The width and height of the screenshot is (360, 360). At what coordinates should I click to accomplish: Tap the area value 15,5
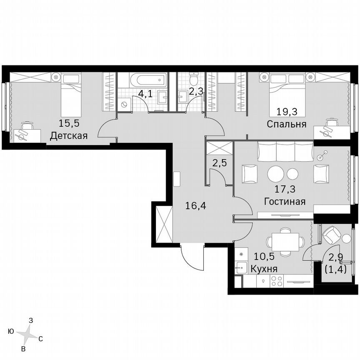[69, 123]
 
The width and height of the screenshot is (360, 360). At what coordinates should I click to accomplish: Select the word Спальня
[287, 124]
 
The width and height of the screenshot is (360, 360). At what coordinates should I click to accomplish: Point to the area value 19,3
[287, 111]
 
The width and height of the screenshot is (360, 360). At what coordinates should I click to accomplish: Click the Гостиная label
[285, 201]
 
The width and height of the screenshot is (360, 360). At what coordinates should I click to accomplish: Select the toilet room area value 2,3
[195, 91]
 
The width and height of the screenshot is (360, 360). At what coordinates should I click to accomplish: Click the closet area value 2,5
[220, 163]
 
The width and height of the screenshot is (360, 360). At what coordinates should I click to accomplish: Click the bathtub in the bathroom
[147, 79]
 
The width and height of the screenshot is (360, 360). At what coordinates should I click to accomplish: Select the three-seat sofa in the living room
[285, 151]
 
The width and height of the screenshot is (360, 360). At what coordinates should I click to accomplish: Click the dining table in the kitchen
[285, 242]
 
